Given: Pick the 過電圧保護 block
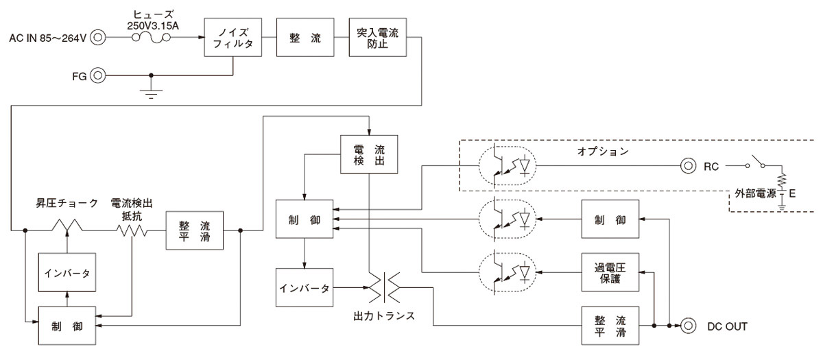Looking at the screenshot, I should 610,273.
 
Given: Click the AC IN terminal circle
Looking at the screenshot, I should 98,37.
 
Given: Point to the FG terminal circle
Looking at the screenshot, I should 98,75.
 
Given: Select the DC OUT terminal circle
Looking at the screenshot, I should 688,326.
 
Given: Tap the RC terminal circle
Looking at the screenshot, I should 688,165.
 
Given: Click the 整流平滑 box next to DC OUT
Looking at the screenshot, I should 610,326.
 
